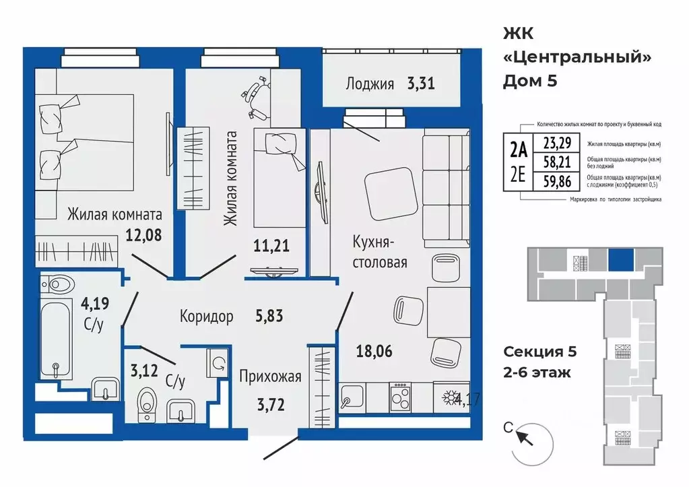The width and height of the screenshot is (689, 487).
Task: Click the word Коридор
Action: coord(206,316)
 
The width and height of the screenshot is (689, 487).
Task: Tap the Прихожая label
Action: coord(269,376)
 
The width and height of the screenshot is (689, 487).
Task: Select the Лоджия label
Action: coord(369,84)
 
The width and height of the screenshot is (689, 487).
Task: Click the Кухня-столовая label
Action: coord(381,251)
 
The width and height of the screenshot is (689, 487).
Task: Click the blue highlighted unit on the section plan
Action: coord(620,259)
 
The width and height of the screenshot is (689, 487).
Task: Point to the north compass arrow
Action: coord(524,438)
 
